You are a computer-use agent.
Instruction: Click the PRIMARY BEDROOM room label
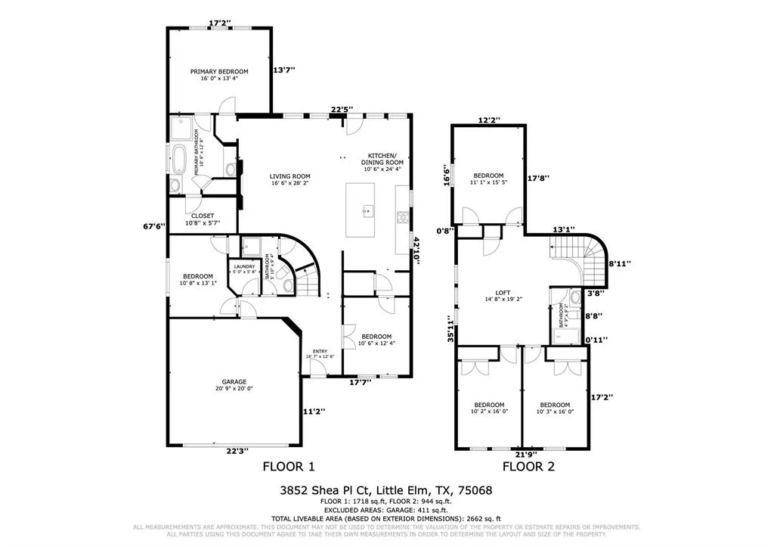219,72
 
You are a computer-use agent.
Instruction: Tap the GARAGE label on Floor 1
234,382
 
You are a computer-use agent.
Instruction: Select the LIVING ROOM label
290,176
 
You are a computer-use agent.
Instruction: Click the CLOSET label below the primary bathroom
203,216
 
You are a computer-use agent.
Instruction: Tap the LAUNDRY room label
244,266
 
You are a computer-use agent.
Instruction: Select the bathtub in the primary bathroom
178,160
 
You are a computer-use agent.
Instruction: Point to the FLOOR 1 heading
288,466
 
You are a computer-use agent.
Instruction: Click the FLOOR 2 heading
528,466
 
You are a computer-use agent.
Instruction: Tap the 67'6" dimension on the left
155,225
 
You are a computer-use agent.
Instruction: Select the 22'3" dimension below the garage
237,451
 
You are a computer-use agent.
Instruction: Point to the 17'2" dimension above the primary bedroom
219,23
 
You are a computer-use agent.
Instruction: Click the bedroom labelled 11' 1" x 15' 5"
488,179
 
